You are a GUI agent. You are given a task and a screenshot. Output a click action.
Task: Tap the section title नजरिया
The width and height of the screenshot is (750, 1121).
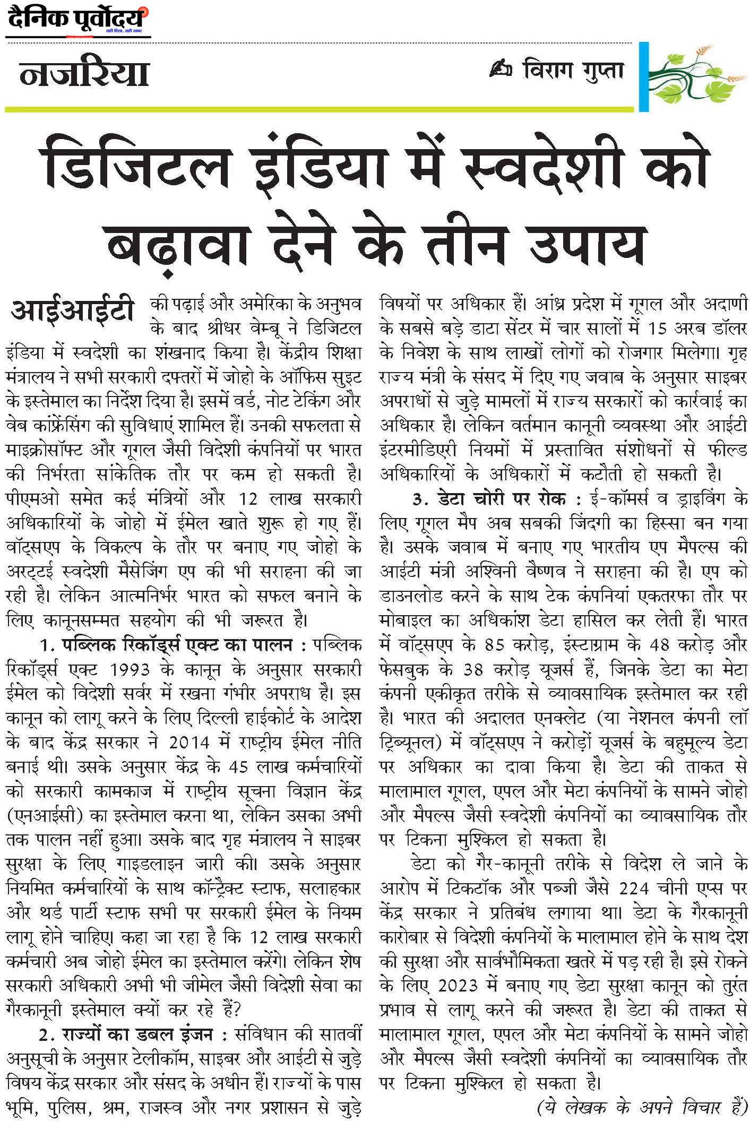pyautogui.click(x=84, y=74)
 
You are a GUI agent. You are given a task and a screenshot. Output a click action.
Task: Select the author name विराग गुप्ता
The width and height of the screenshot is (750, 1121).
pyautogui.click(x=572, y=71)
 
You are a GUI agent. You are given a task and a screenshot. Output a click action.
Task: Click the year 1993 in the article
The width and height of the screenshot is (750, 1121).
pyautogui.click(x=130, y=670)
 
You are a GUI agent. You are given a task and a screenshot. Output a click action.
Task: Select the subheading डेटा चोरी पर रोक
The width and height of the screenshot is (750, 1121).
pyautogui.click(x=502, y=499)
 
